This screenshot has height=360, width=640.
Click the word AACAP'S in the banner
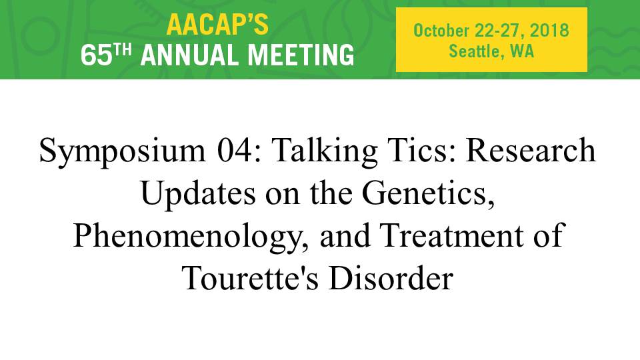point(217,25)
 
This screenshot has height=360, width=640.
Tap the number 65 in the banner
point(96,55)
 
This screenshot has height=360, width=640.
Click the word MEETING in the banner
point(301,55)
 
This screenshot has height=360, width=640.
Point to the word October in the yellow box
point(441,31)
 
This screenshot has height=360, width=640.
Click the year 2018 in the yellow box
point(549,31)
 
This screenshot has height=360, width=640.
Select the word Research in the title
point(531,150)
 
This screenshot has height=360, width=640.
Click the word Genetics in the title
point(429,193)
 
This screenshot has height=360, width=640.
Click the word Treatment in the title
point(451,235)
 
